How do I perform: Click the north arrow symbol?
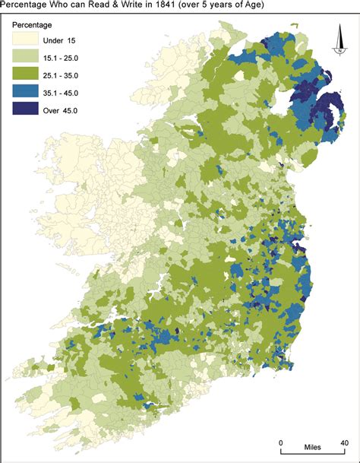341,42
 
